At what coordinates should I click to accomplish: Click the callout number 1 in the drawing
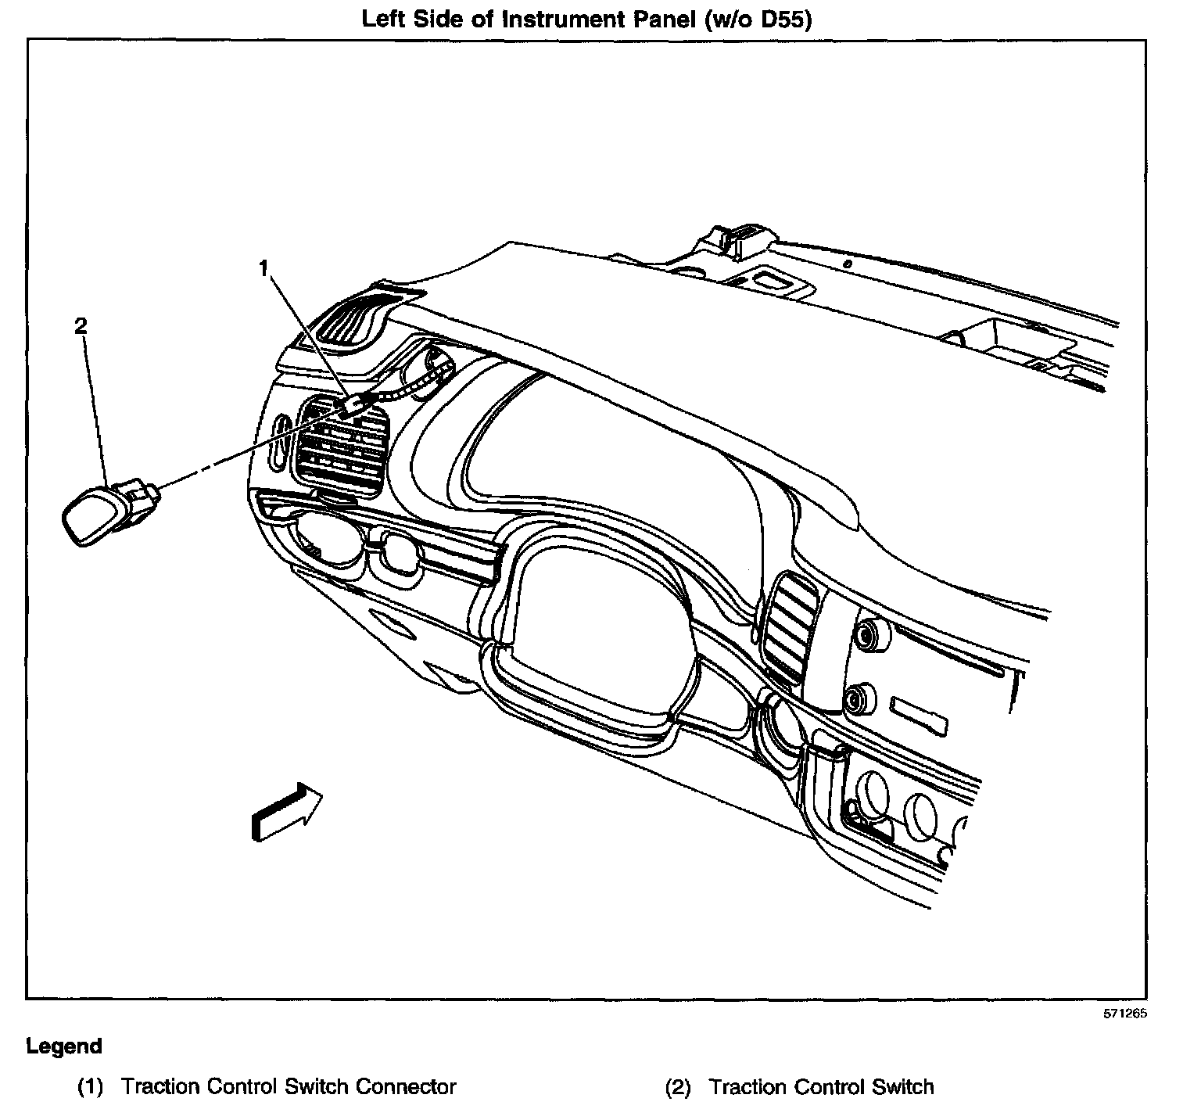tap(264, 269)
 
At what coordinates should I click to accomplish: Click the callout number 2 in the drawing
tap(81, 326)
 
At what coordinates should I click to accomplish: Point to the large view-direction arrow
tap(287, 813)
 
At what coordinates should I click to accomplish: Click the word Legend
tap(64, 1046)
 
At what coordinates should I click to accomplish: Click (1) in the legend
tap(90, 1087)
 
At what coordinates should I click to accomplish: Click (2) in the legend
tap(678, 1087)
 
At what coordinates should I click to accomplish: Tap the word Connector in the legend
tap(407, 1087)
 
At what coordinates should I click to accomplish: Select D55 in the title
tap(776, 20)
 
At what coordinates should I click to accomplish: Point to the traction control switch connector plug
tap(353, 404)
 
